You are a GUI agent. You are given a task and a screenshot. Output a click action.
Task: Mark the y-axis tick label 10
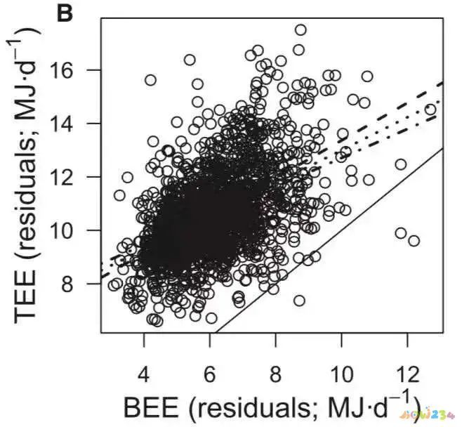(76, 230)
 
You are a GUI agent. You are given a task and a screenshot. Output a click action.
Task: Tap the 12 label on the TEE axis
(76, 177)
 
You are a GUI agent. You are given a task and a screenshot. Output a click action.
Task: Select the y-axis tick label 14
(76, 124)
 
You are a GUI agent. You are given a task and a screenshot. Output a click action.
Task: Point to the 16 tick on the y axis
(76, 70)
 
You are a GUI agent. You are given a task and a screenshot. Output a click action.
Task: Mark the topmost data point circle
(301, 29)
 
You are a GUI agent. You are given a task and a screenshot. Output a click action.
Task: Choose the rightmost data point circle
(430, 109)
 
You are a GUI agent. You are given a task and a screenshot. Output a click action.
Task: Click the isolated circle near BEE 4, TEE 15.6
(150, 80)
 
